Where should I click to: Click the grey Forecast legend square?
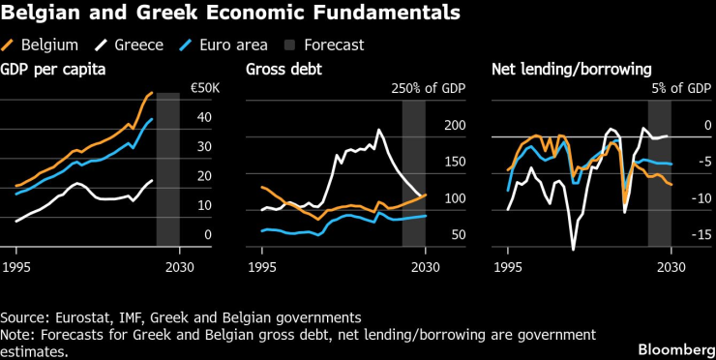(287, 45)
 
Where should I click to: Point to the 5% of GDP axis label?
(682, 88)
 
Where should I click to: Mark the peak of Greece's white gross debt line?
(378, 130)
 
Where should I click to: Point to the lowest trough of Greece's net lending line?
(573, 250)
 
